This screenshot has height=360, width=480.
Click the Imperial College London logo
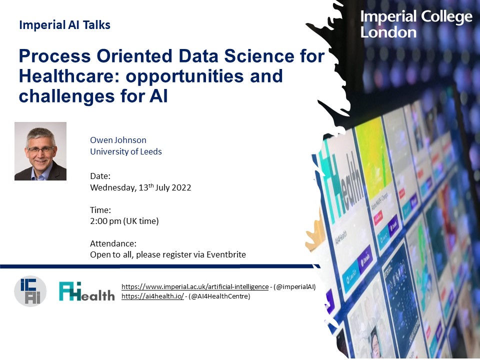416,24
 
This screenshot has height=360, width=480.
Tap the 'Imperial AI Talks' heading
64,25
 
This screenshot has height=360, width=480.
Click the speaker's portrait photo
40,151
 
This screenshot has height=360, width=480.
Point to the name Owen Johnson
118,140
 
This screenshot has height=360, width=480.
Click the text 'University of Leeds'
126,151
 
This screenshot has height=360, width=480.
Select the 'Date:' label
100,176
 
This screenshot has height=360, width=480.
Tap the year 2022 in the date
181,188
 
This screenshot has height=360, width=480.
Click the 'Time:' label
100,210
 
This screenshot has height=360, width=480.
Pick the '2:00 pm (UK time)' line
124,221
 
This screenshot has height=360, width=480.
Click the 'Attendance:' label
113,243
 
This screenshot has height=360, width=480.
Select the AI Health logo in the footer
86,291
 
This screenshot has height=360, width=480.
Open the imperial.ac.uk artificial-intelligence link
195,286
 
